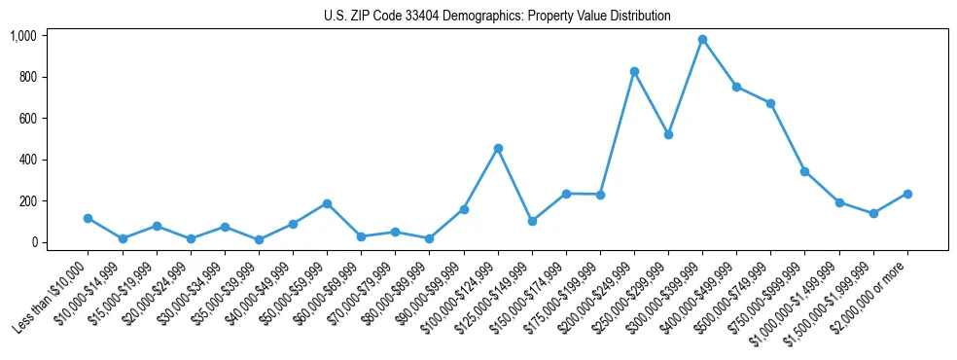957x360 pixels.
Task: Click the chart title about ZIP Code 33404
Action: coord(497,17)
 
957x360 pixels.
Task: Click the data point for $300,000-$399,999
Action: coord(702,40)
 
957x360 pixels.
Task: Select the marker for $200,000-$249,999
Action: coord(634,71)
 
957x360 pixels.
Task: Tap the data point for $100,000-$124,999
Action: coord(498,148)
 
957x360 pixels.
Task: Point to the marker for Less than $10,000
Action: coord(88,218)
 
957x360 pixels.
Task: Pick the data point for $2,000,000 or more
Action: coord(907,194)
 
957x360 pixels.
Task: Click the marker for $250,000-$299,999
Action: coord(668,134)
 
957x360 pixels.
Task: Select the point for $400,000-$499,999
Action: coord(736,87)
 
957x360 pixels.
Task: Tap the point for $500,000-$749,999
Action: coord(770,103)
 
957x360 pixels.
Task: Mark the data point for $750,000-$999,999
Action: coord(804,171)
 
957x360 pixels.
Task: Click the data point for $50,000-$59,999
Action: coord(327,203)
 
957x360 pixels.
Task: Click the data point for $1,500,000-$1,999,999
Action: coord(873,213)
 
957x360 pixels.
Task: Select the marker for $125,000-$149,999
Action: coord(532,221)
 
